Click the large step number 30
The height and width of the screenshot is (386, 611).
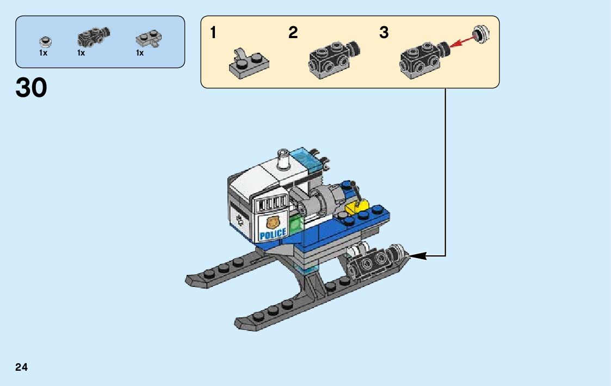32,88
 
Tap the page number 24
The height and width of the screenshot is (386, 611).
22,367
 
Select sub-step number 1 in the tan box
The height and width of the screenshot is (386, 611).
213,33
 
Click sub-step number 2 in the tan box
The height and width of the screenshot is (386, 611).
293,33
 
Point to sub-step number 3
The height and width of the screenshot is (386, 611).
384,33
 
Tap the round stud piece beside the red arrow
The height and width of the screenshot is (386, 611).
480,34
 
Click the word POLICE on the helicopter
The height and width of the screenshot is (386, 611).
273,234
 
